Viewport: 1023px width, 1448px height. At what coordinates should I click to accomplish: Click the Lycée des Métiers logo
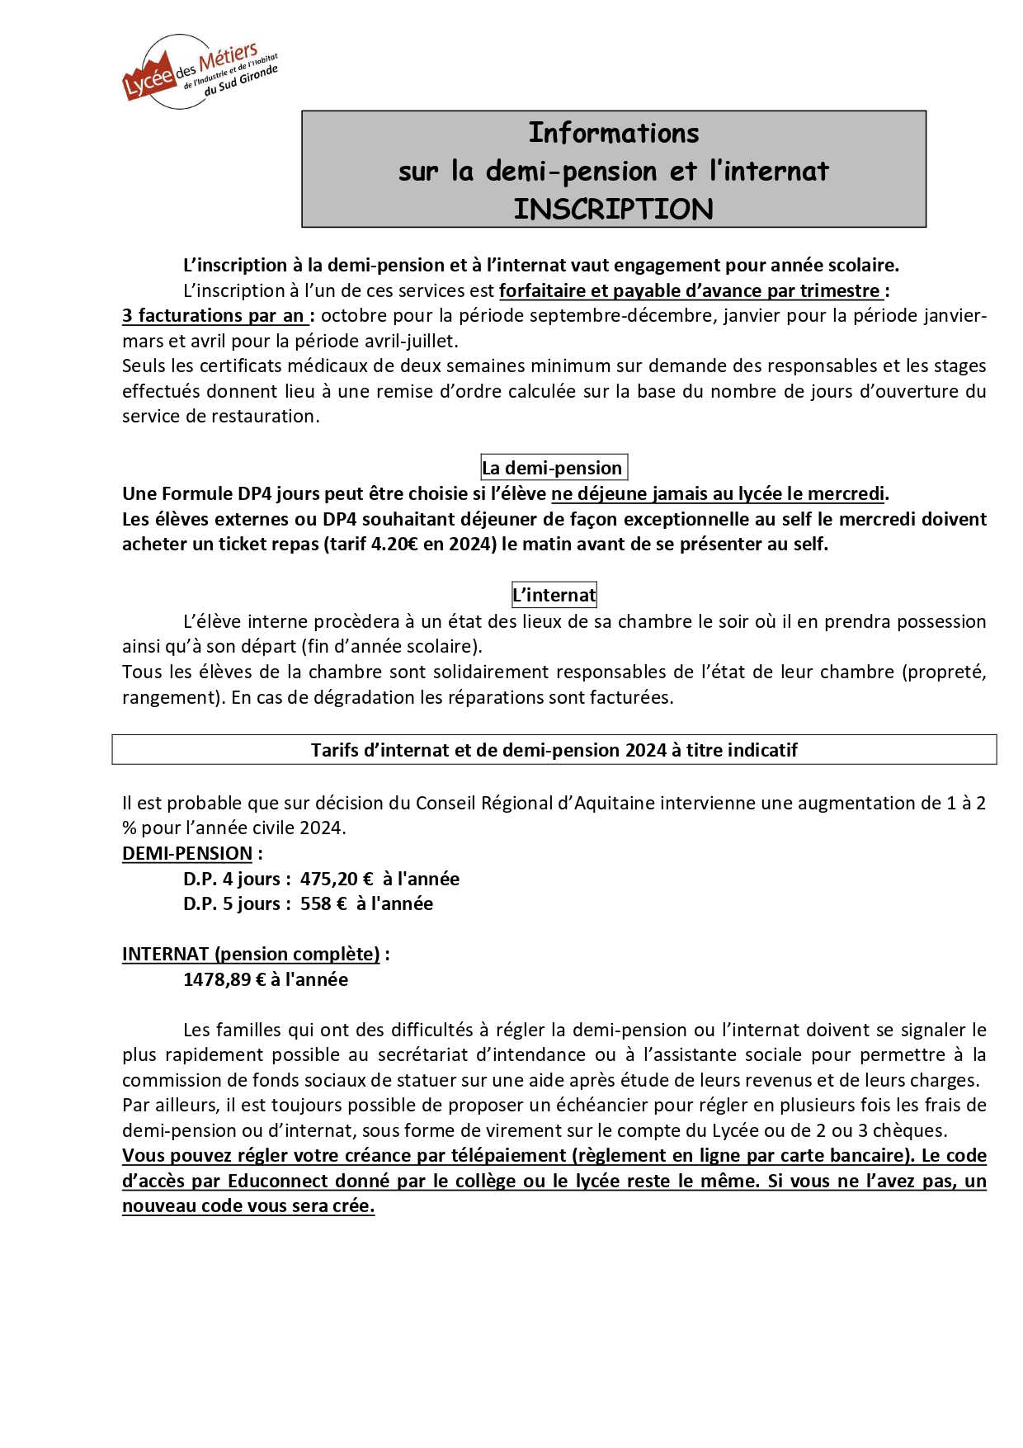coord(200,72)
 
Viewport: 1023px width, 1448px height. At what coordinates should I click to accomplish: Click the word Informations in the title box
coord(613,133)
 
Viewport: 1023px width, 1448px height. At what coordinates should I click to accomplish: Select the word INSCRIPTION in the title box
coord(613,210)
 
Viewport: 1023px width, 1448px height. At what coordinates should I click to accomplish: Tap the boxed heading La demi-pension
coord(553,468)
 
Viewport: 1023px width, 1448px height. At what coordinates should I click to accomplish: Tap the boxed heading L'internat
coord(554,595)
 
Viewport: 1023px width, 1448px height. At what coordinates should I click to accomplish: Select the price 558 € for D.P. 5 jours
coord(323,903)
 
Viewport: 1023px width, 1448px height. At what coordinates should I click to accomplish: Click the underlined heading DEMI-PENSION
coord(187,853)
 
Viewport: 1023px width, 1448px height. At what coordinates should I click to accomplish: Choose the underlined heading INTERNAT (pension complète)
coord(251,954)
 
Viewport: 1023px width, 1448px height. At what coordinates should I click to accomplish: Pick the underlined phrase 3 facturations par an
coord(214,315)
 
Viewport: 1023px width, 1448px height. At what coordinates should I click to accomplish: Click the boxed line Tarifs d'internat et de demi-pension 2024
coord(554,750)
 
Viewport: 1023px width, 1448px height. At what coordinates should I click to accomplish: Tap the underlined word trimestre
coord(839,290)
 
